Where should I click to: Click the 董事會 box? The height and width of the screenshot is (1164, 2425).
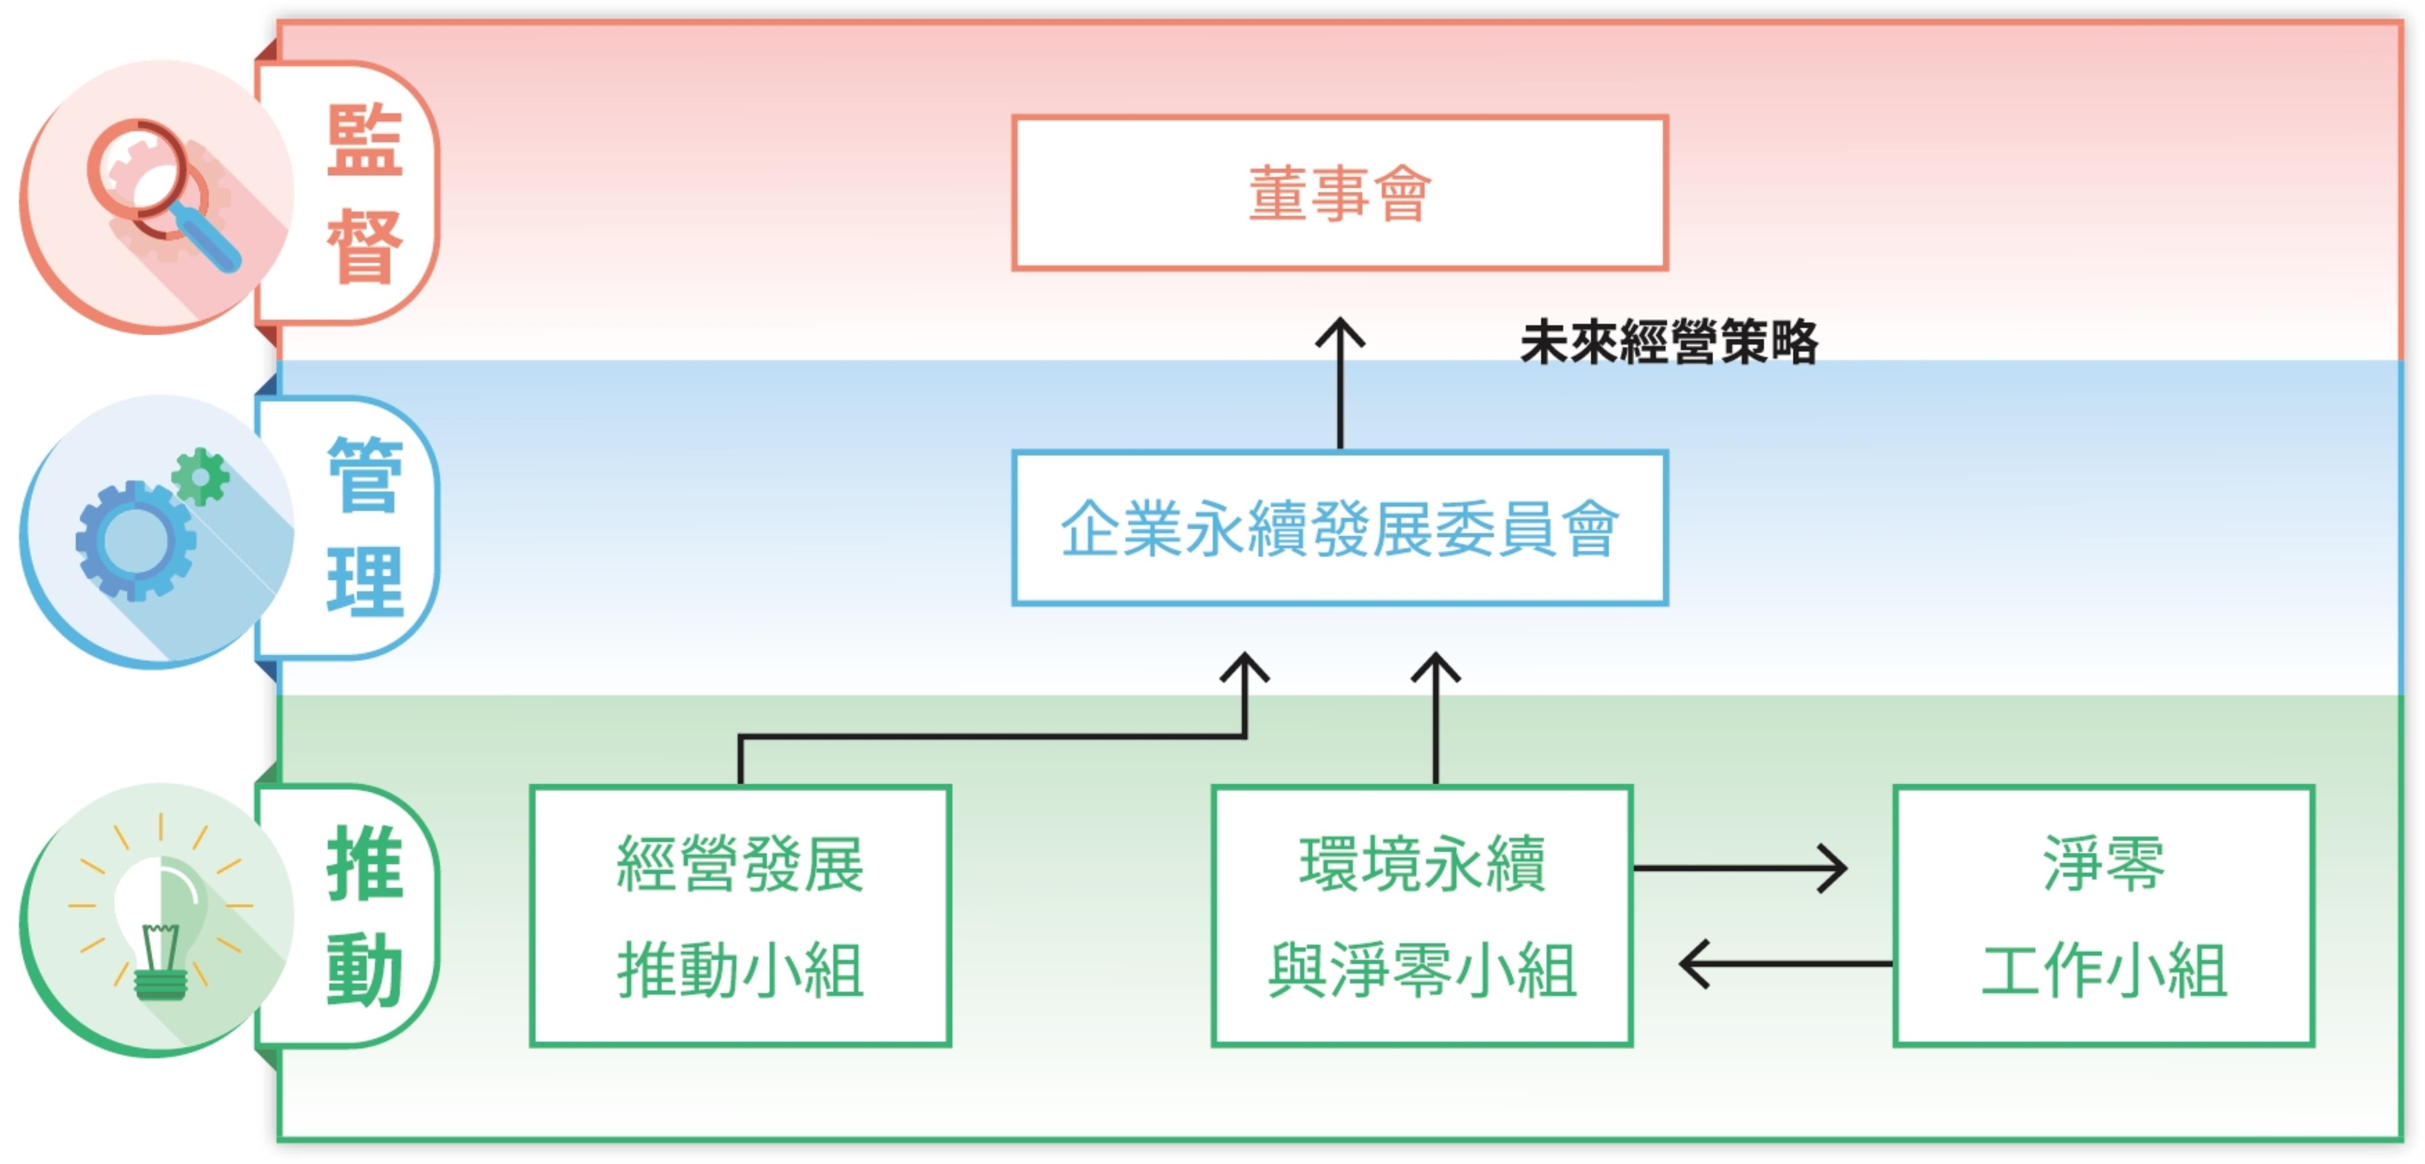[1339, 193]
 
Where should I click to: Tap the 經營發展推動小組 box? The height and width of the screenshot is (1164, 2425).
[740, 916]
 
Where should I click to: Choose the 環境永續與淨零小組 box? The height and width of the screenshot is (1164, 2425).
[1421, 916]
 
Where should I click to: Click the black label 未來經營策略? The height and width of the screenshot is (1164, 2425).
[1668, 341]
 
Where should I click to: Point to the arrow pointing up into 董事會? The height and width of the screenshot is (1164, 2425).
[1339, 381]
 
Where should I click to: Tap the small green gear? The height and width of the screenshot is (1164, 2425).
[201, 476]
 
